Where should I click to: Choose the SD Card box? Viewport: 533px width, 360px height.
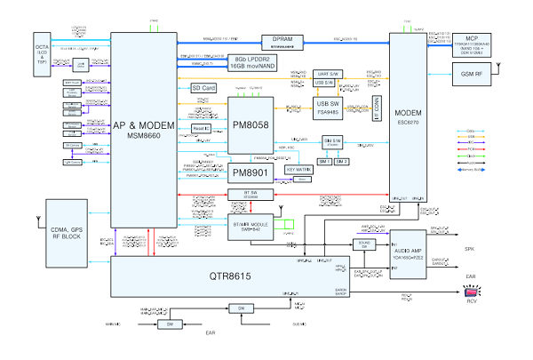coord(203,88)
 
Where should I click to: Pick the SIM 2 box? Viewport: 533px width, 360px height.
coord(341,163)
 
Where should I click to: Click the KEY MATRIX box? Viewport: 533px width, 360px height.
coord(300,168)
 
